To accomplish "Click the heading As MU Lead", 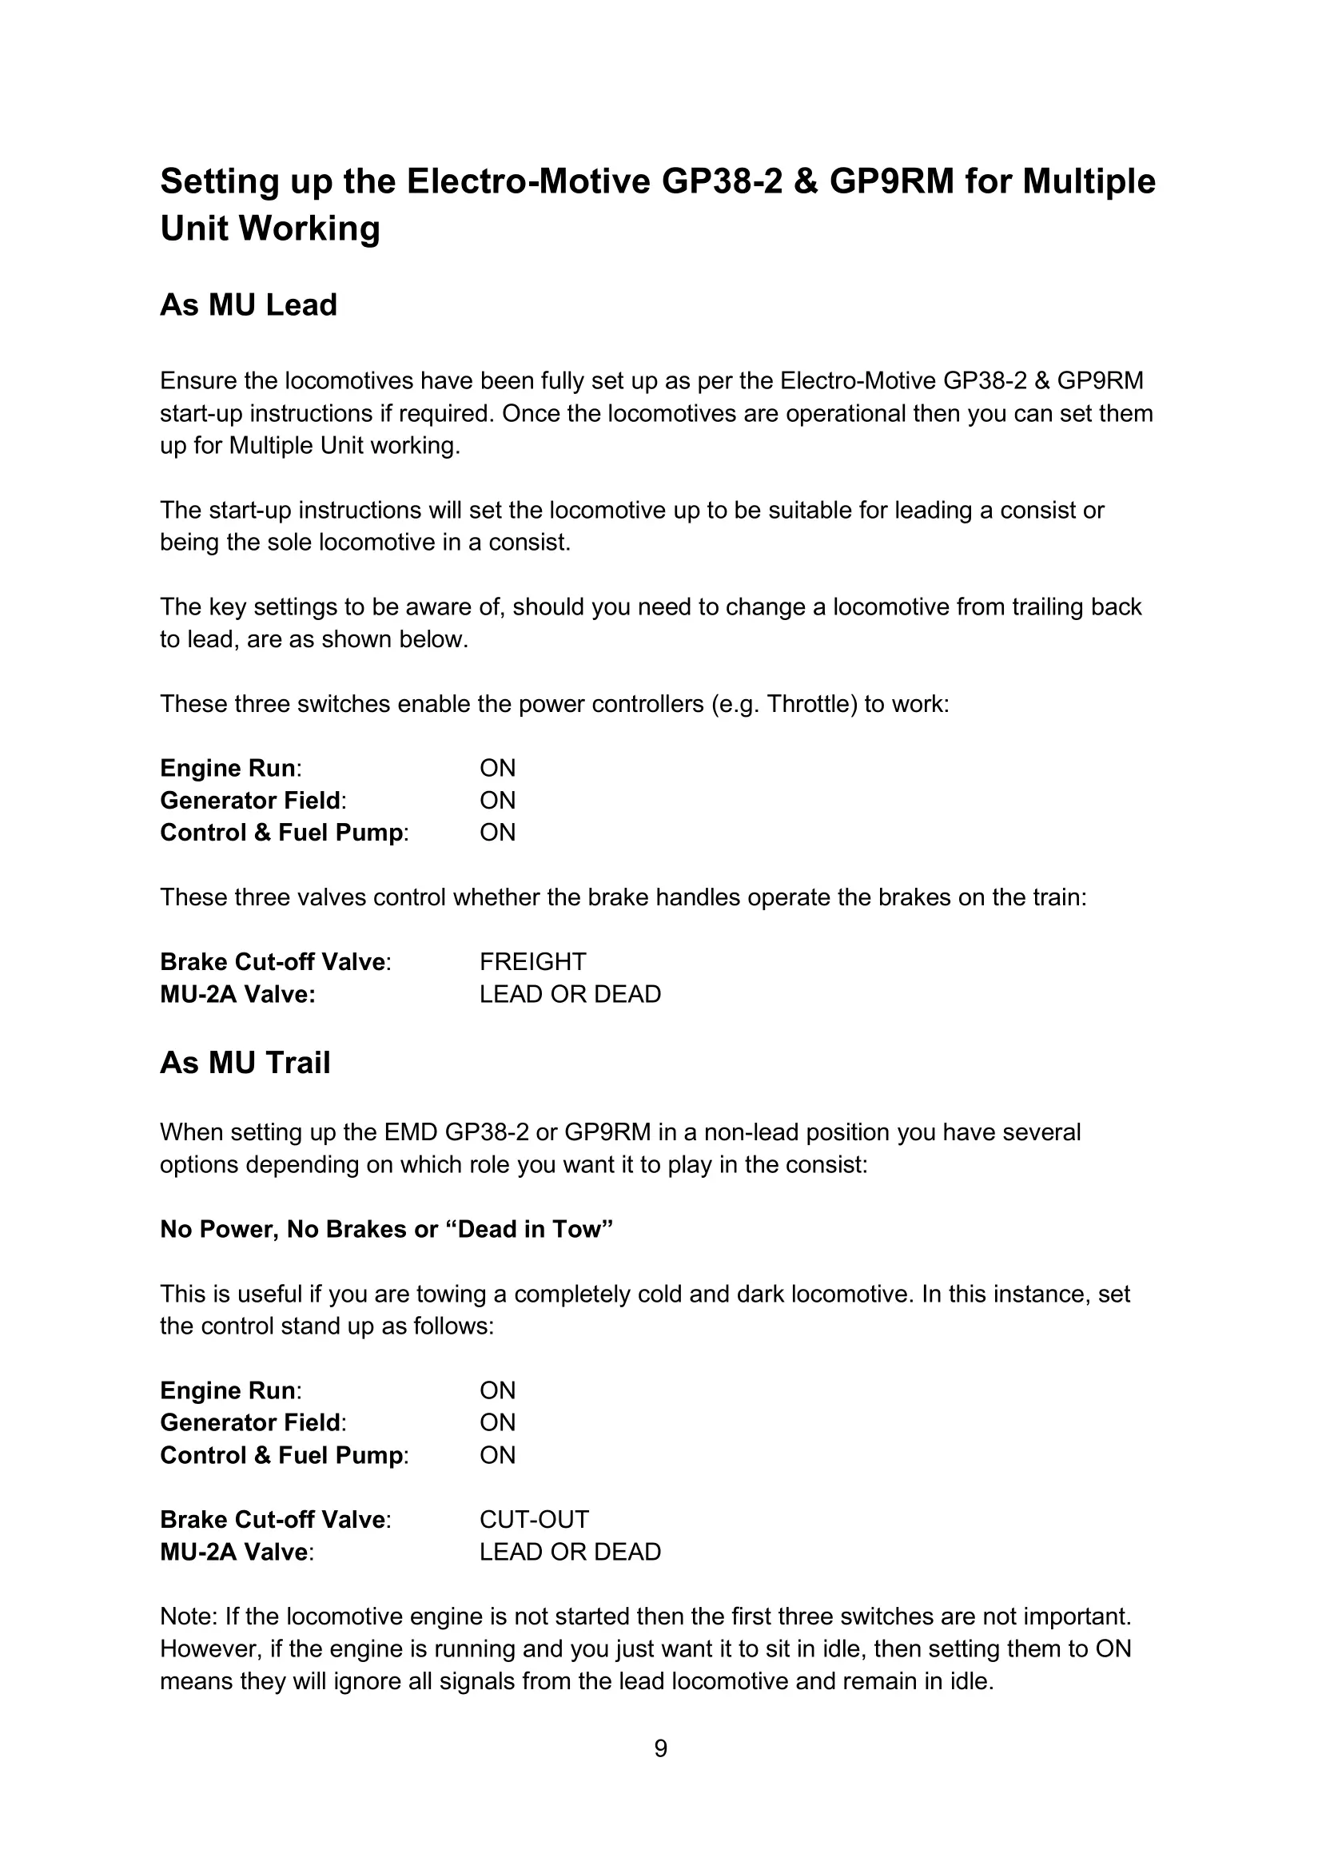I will (249, 305).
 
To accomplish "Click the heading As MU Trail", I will (245, 1063).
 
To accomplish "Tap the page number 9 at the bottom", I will (660, 1748).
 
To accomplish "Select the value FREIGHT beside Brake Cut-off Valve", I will (532, 962).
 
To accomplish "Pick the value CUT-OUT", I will (534, 1520).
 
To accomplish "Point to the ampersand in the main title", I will (805, 181).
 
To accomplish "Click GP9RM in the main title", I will (891, 181).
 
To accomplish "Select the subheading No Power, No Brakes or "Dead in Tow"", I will (386, 1229).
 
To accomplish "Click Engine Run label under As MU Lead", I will (229, 769).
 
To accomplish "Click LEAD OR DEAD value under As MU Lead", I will (570, 995).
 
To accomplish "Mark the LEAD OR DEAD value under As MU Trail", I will (570, 1553).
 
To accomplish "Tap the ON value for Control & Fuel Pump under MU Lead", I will (497, 833).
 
